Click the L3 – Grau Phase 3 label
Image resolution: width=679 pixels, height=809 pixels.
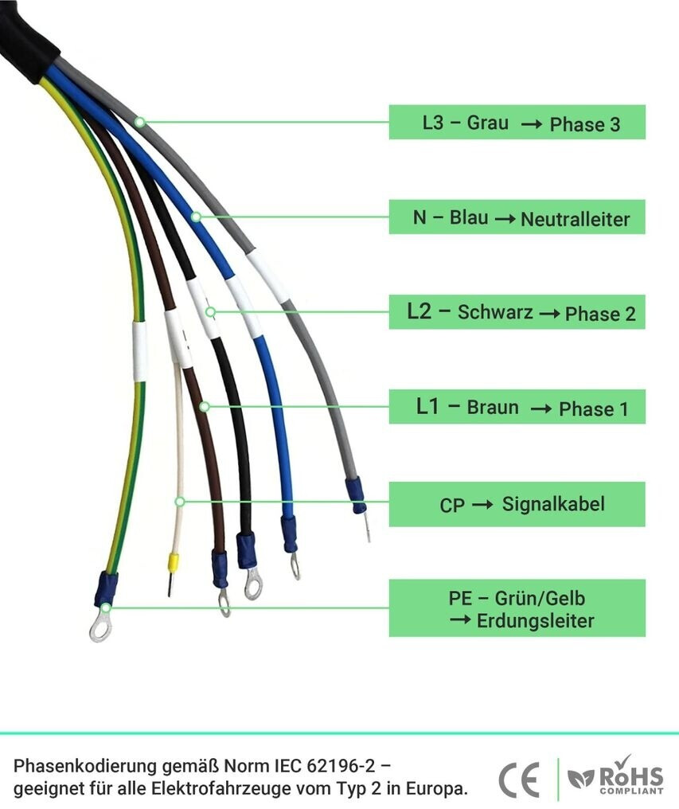coord(517,123)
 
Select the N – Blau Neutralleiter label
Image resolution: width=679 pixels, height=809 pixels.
coord(517,217)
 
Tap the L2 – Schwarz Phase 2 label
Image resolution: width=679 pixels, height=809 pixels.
coord(517,311)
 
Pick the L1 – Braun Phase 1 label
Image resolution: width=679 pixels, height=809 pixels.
coord(517,407)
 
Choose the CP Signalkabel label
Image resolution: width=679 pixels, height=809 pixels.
coord(517,503)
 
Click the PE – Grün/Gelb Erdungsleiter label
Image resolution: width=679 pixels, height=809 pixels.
coord(517,608)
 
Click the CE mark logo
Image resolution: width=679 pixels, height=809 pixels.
coord(518,780)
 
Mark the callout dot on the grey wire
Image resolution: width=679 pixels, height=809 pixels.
coord(140,123)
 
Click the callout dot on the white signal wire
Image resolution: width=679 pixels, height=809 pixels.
coord(180,502)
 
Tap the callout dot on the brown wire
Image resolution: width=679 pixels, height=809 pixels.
coord(205,407)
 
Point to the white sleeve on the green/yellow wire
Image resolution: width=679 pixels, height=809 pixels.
coord(140,350)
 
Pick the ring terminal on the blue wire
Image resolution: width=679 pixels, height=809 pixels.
coord(294,565)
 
